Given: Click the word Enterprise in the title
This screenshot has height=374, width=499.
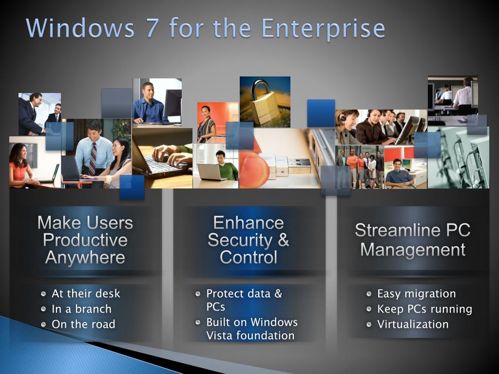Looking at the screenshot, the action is point(323,29).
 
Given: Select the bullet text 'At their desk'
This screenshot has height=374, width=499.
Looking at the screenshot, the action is point(86,294).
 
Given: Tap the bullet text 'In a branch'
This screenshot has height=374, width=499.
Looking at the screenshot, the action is point(81,309).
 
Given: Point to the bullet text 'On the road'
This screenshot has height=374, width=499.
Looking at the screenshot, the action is point(83,324).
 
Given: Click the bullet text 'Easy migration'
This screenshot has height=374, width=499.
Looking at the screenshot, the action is point(416,294).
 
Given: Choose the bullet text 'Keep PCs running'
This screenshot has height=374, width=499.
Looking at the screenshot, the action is point(424,309).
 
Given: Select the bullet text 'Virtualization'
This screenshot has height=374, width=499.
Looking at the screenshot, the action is point(413,324).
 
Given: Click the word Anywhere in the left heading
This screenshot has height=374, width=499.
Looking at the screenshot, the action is point(85,257).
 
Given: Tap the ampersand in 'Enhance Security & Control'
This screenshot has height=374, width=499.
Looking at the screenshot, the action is point(283,240).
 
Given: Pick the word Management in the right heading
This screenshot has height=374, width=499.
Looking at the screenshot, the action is point(413,250).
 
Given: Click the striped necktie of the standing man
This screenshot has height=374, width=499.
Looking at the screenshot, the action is point(93,158).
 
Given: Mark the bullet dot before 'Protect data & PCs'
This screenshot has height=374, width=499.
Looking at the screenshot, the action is point(198,294).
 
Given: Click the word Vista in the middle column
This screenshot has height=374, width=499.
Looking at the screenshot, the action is point(219,336).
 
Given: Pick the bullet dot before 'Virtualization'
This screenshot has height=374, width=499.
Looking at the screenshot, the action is point(369,324).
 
